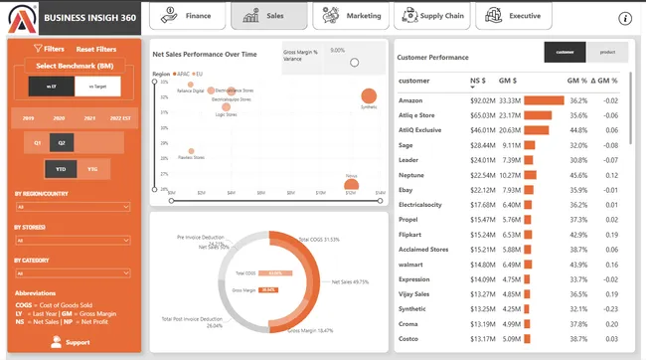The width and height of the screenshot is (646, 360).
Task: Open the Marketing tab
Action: click(352, 16)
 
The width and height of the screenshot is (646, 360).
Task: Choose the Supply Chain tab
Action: click(432, 16)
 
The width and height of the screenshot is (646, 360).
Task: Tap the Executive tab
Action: click(514, 16)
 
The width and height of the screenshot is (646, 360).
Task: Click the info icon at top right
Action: click(625, 18)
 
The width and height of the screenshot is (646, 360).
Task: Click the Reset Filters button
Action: click(97, 49)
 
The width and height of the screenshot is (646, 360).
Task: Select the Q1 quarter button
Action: click(39, 143)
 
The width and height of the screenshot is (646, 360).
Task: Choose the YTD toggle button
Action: click(63, 169)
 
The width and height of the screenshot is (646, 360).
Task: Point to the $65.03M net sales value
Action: click(482, 115)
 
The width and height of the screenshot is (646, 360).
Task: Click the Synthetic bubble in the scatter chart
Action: click(369, 96)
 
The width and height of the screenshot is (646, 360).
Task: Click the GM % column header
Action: click(577, 81)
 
